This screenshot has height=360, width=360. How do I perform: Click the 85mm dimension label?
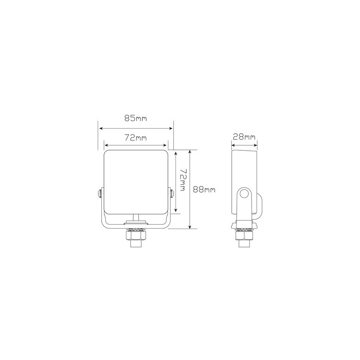tap(135, 118)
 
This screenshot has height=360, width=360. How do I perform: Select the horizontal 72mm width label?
tap(135, 138)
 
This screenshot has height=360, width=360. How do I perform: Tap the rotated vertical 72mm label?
tap(183, 180)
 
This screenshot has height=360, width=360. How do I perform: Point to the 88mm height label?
tap(204, 189)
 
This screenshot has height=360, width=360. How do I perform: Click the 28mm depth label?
tap(244, 137)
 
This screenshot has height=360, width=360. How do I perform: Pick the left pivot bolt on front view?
tap(100, 193)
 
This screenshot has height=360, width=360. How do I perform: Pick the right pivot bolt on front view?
tap(171, 193)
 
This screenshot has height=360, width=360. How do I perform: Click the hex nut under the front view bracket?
tap(135, 236)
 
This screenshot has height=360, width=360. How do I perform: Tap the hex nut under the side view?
tap(244, 236)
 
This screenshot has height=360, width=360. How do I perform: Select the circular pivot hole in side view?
tap(244, 194)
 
